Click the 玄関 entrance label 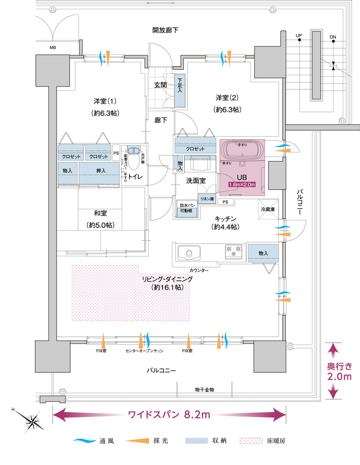161,85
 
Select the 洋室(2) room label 227,98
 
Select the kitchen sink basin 189,253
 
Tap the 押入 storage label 101,171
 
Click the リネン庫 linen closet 207,199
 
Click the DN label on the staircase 333,36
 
